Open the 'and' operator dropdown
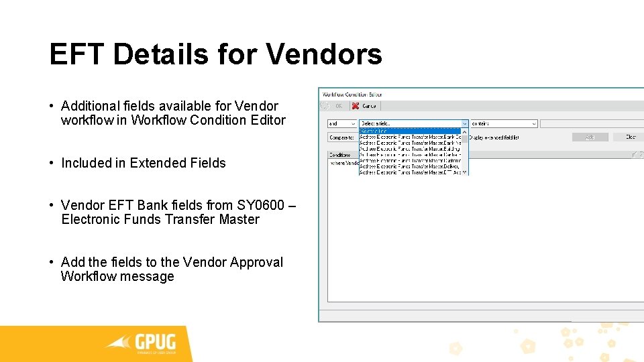click(341, 123)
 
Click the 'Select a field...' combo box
click(413, 123)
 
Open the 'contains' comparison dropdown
click(503, 123)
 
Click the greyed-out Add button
click(590, 137)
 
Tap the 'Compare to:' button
click(341, 137)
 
